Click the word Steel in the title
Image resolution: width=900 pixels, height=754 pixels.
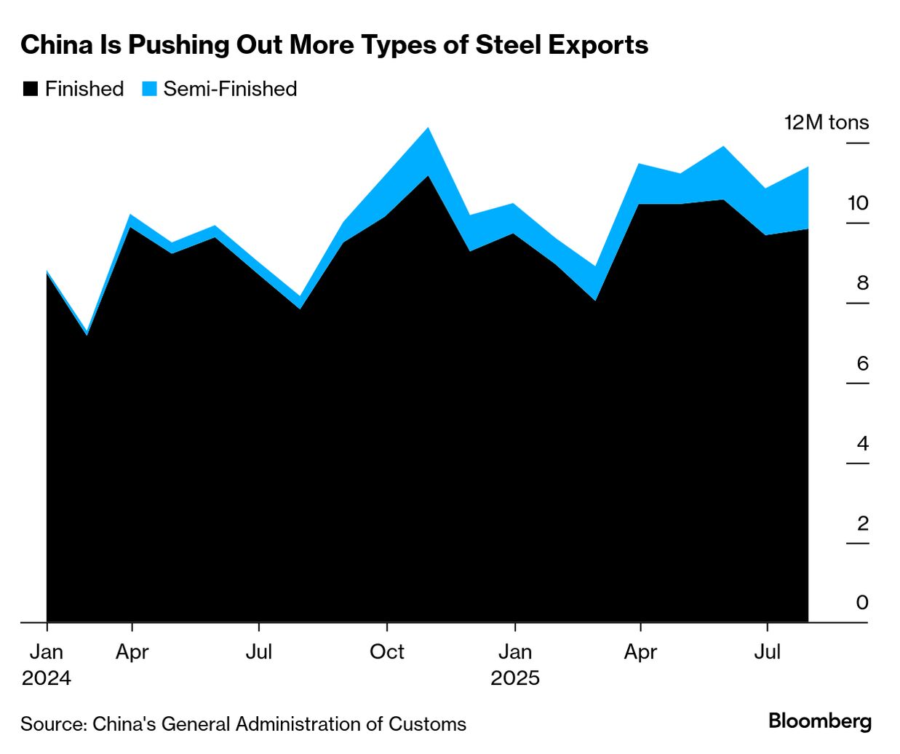point(507,45)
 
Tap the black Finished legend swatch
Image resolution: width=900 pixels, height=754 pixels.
point(30,90)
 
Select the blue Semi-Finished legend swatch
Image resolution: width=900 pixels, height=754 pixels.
point(149,90)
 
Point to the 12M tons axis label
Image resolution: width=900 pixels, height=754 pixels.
point(826,122)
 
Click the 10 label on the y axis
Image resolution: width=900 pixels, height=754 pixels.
point(858,203)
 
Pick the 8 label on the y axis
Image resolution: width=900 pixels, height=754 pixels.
point(862,283)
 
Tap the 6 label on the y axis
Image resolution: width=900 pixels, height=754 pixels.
point(862,363)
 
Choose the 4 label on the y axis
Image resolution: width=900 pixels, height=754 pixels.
point(862,443)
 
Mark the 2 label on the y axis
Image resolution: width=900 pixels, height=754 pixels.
point(862,523)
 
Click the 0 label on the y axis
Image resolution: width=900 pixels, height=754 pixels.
point(862,603)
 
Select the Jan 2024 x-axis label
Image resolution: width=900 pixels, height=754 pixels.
point(47,664)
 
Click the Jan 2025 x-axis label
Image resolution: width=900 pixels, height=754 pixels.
point(515,664)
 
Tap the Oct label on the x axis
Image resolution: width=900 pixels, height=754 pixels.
point(386,651)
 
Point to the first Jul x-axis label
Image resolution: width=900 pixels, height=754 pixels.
point(259,651)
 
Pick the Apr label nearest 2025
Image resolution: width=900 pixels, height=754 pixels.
point(640,651)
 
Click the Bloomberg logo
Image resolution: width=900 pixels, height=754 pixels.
point(819,721)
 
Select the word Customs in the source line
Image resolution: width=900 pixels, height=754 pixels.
point(427,724)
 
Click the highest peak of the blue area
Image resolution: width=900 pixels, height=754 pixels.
point(428,130)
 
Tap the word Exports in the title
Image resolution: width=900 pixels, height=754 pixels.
point(598,45)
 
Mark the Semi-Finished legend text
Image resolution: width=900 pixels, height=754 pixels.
point(230,90)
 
